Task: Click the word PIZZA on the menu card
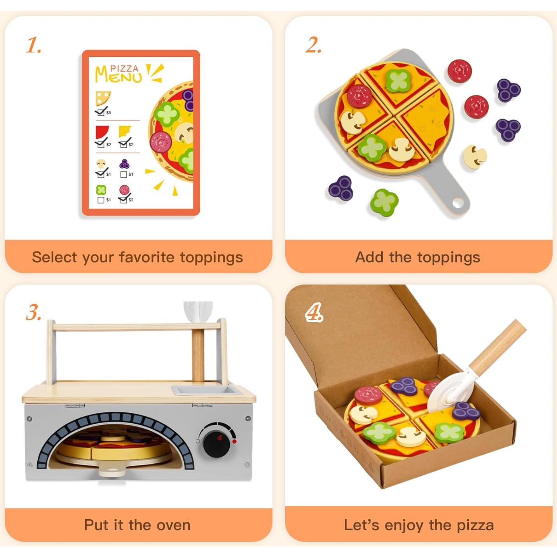tap(124, 69)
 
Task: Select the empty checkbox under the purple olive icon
tap(124, 175)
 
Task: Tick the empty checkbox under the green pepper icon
tap(101, 200)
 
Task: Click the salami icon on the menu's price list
tap(124, 190)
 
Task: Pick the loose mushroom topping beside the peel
tap(475, 157)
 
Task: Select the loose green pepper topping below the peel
tap(384, 202)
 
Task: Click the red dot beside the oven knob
tap(234, 442)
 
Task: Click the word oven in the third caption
tap(173, 525)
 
